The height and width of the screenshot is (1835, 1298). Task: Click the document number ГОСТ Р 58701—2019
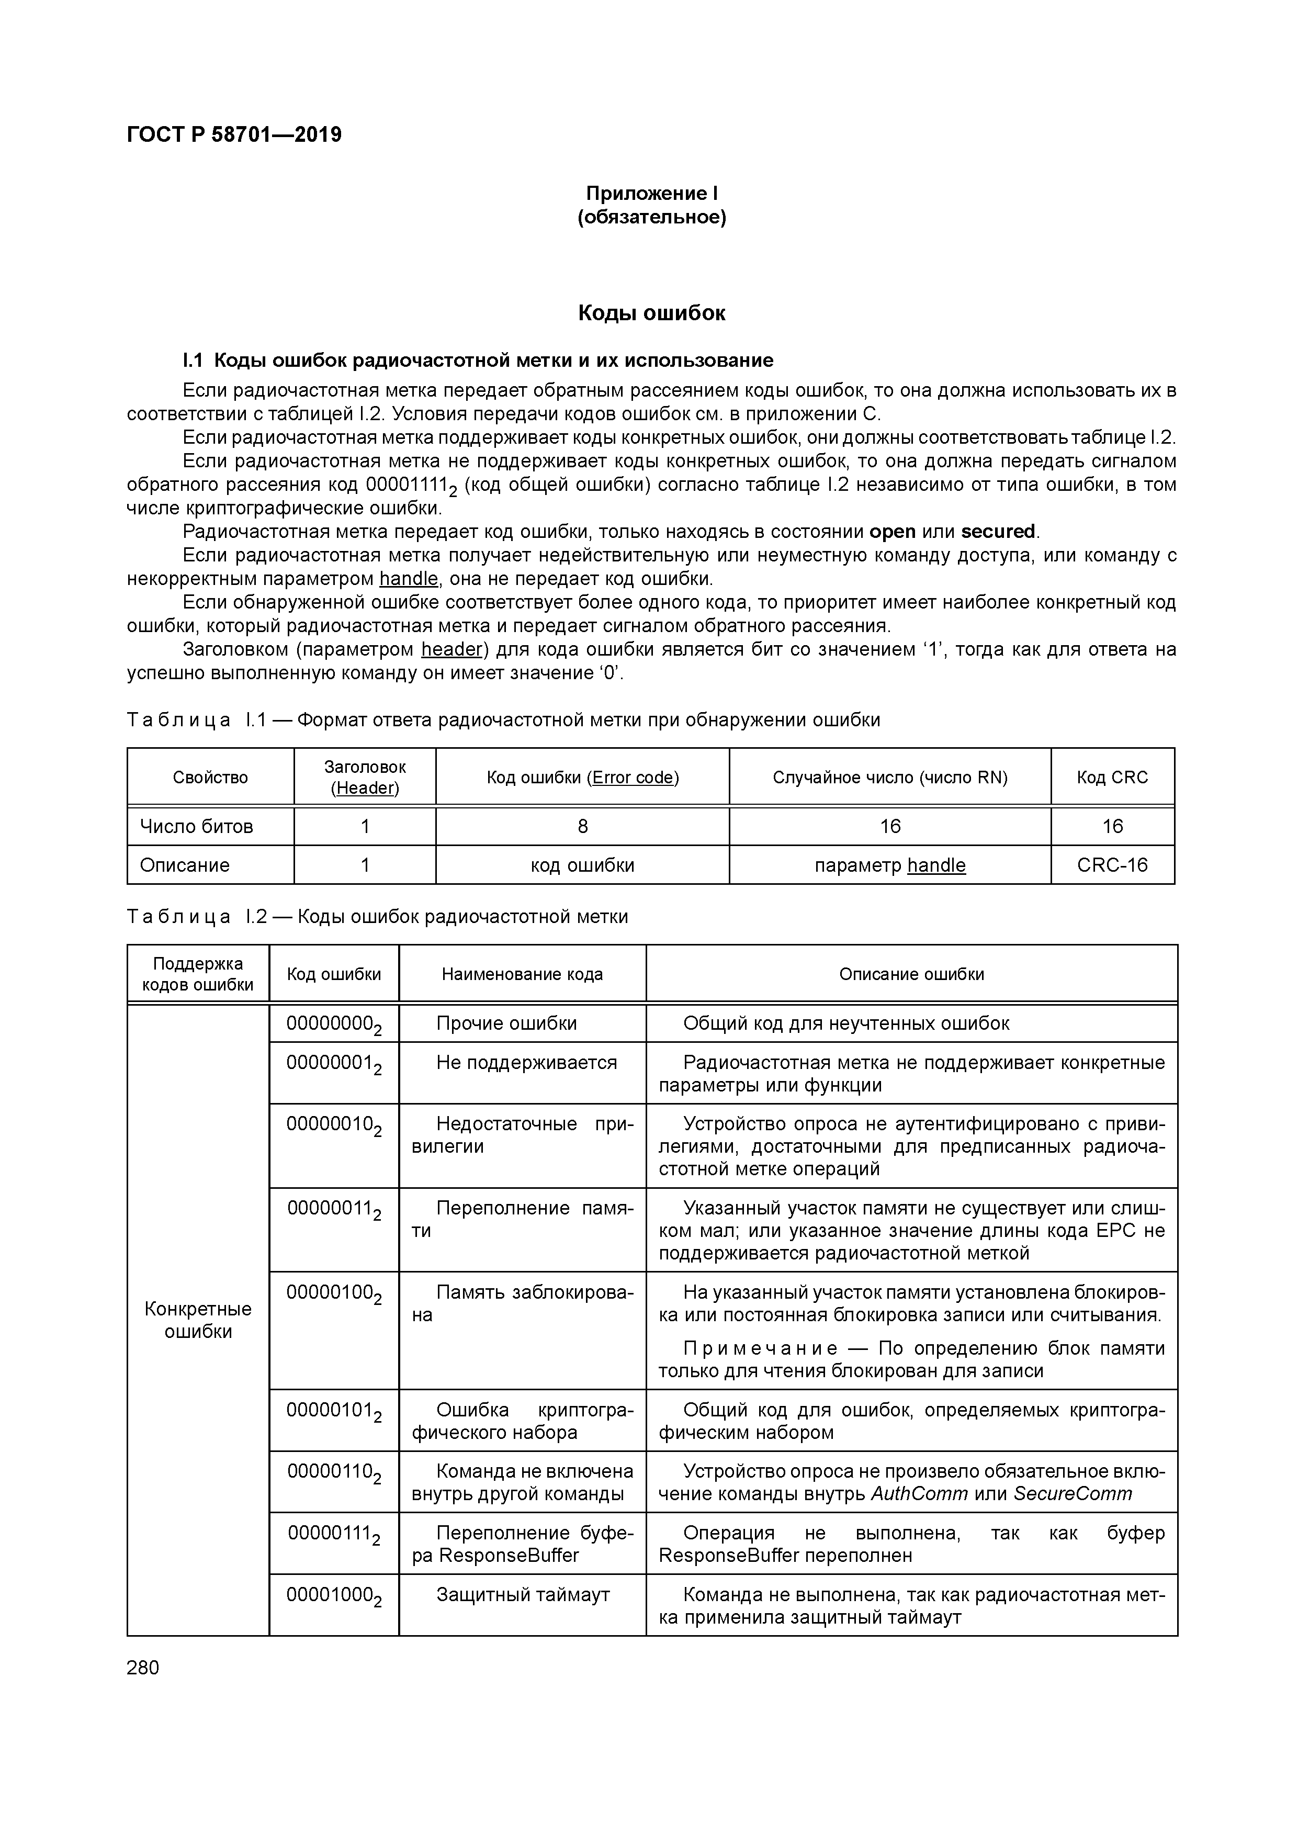click(234, 134)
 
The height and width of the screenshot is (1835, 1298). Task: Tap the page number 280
click(143, 1667)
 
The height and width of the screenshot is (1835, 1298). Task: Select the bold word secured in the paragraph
click(998, 532)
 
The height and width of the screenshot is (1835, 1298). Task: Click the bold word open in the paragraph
click(892, 532)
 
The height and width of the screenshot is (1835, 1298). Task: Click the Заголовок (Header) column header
click(365, 777)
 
